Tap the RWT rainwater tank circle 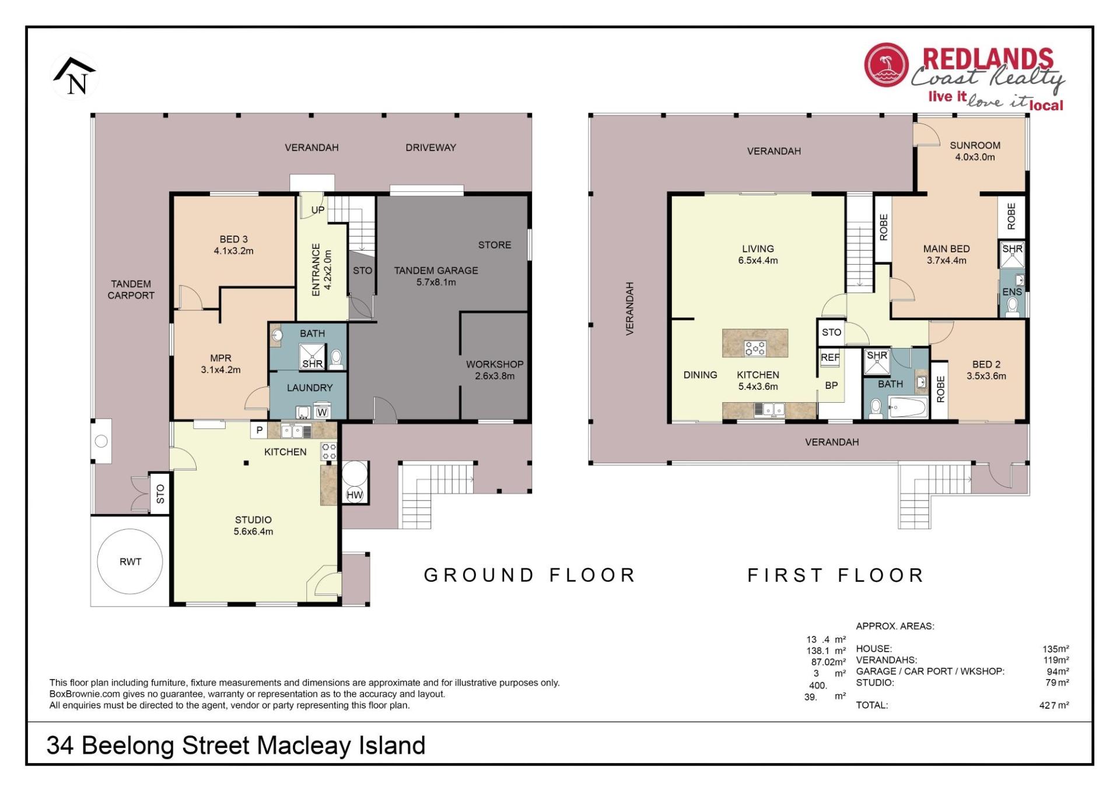[130, 561]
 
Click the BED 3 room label [233, 245]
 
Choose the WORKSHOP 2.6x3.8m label [495, 370]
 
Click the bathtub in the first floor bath [908, 407]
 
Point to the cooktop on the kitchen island [755, 349]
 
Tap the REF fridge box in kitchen [830, 357]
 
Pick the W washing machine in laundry [322, 412]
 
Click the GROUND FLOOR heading [529, 575]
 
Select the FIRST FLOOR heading [835, 575]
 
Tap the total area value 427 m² [1054, 705]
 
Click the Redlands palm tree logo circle [887, 65]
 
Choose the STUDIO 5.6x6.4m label [253, 525]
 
